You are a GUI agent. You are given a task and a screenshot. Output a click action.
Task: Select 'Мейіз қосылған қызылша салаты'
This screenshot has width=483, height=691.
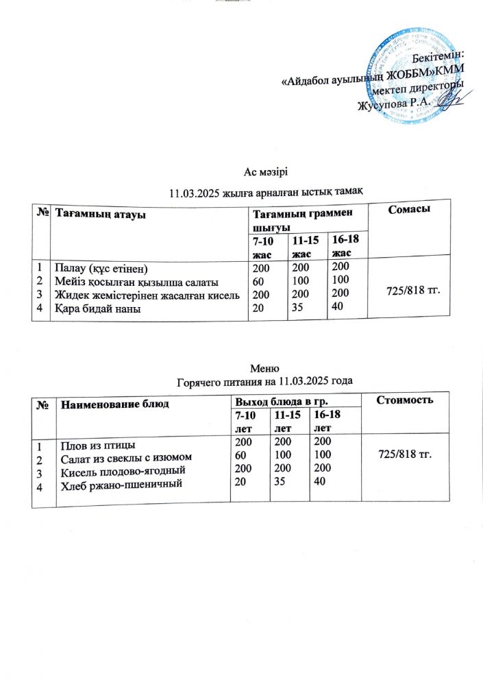click(x=136, y=282)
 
